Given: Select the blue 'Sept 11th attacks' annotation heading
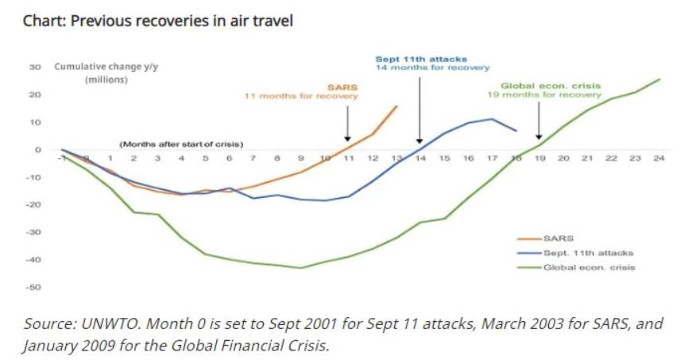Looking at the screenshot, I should (421, 59).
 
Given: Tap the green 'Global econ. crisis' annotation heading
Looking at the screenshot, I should (550, 85).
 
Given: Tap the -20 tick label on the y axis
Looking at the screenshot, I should (35, 204).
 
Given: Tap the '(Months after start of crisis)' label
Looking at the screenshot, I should (181, 145).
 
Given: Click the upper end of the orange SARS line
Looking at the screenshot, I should (397, 106).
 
